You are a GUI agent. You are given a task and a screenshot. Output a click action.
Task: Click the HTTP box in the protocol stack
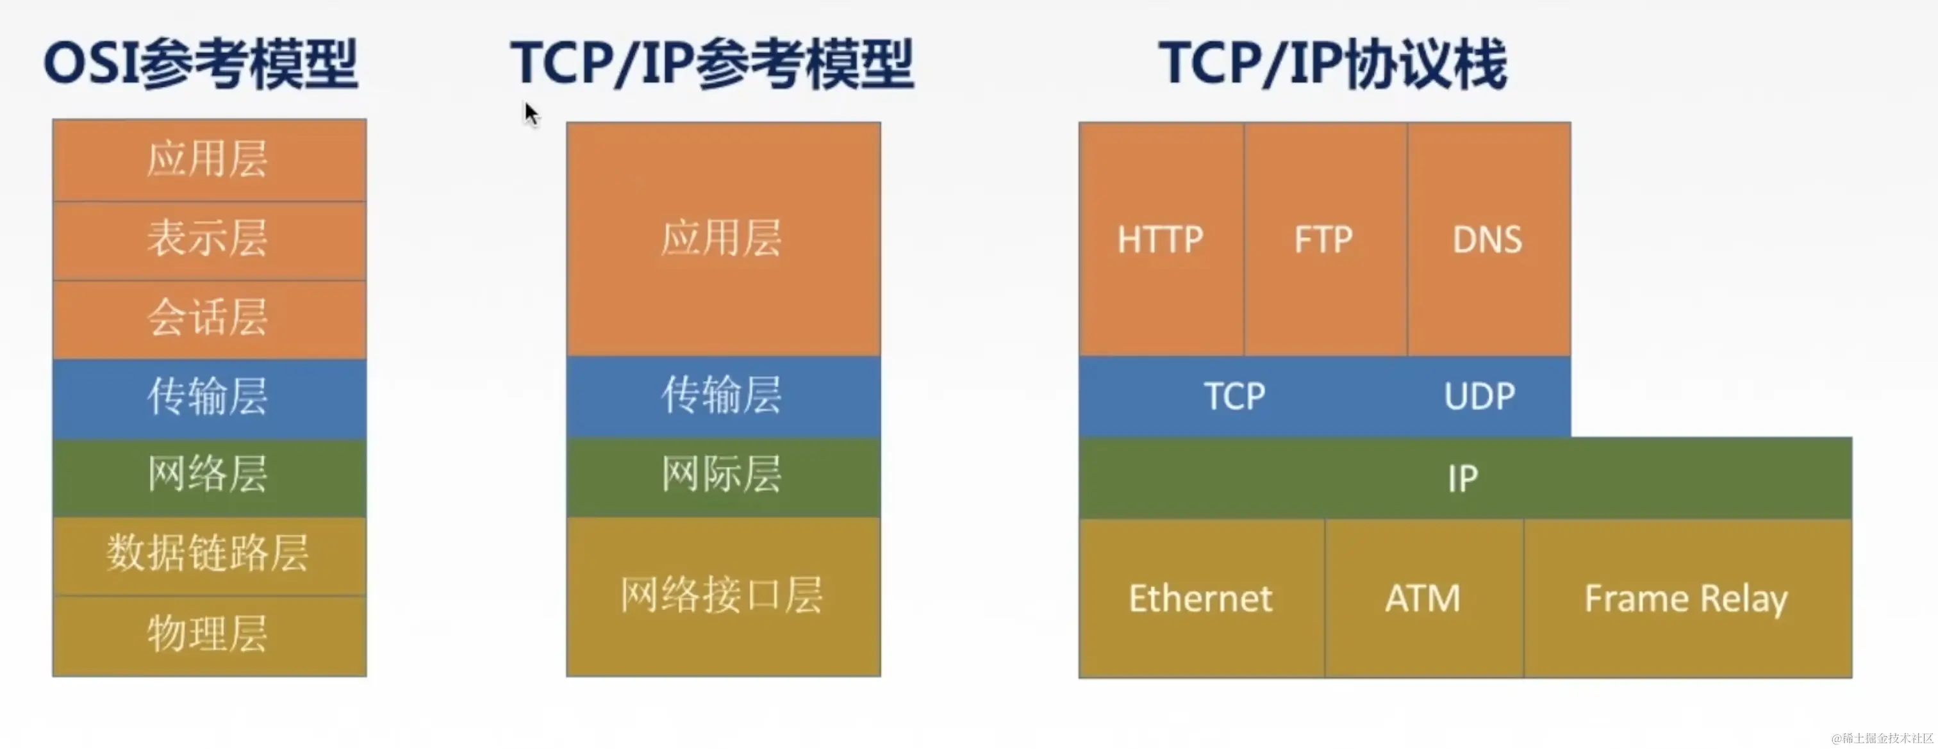click(x=1160, y=239)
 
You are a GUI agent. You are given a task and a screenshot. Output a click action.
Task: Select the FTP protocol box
click(x=1324, y=239)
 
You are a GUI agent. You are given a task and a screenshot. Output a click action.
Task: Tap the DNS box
click(x=1488, y=239)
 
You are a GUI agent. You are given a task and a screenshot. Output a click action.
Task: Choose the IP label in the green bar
click(x=1463, y=478)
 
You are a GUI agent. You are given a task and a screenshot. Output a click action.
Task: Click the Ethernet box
click(x=1201, y=598)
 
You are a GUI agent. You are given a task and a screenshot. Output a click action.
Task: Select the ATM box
click(x=1423, y=598)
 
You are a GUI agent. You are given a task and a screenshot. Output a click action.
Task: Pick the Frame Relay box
click(x=1687, y=598)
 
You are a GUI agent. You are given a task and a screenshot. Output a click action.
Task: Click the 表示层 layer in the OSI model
click(x=208, y=240)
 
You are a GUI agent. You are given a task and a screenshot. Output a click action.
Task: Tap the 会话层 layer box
click(x=208, y=318)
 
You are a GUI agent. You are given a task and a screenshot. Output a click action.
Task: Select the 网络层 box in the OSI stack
click(x=208, y=475)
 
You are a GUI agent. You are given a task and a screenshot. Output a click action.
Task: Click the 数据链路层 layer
click(x=208, y=555)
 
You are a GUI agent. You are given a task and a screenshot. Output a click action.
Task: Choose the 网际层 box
click(x=722, y=475)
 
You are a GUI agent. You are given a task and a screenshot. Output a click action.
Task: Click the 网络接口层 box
click(x=722, y=596)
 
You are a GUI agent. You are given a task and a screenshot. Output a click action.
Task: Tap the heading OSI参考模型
click(x=201, y=65)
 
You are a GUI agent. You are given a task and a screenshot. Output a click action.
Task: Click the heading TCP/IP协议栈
click(x=1332, y=65)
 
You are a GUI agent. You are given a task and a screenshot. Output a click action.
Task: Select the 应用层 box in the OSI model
click(x=208, y=160)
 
